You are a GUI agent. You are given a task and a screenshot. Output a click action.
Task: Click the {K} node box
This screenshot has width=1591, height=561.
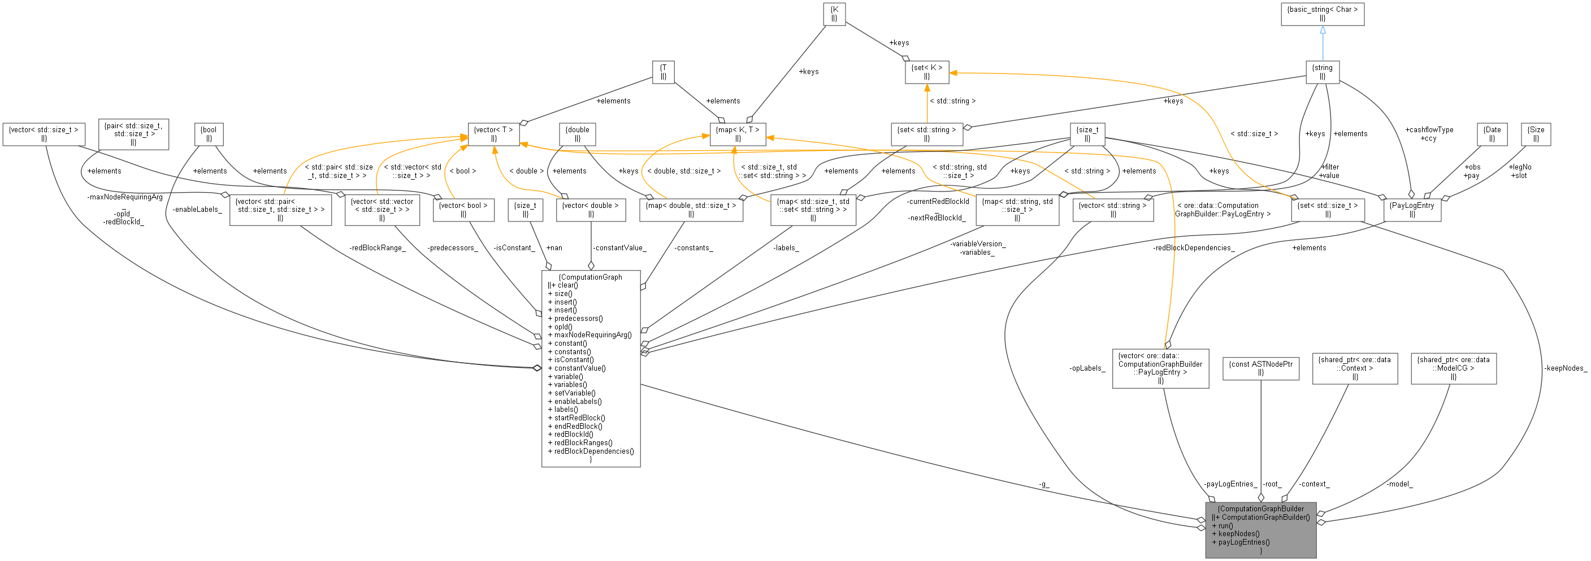(x=834, y=14)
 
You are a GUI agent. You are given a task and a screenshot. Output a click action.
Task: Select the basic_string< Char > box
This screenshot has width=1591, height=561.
(x=1323, y=14)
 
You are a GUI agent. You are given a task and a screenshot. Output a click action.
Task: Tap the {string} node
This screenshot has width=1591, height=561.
(x=1323, y=72)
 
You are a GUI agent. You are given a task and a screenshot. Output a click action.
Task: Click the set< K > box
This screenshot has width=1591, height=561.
(x=926, y=72)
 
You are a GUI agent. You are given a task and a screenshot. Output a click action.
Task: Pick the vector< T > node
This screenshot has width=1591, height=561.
(x=493, y=134)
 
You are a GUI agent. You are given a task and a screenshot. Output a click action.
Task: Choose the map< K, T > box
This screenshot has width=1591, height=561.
(x=738, y=134)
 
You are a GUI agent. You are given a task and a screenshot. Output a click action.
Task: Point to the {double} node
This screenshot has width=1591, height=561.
(x=578, y=134)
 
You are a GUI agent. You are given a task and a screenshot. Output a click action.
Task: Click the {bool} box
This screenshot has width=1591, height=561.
(x=209, y=134)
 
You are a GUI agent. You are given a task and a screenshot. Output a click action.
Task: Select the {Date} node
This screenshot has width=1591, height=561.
(x=1492, y=134)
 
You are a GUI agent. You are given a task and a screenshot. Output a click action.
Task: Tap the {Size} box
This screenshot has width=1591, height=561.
(x=1536, y=134)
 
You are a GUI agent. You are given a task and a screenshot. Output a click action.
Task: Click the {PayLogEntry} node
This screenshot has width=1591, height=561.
(x=1412, y=210)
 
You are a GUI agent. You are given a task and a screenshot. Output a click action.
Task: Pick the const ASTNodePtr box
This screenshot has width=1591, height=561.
(x=1260, y=368)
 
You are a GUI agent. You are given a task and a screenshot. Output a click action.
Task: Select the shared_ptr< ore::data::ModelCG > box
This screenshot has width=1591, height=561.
(x=1453, y=368)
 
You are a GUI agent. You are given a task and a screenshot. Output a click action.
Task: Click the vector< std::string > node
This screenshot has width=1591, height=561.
(x=1112, y=210)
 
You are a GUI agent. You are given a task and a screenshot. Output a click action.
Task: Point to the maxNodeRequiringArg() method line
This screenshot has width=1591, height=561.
(x=592, y=335)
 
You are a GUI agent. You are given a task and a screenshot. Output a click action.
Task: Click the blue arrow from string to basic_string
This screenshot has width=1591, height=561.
(x=1323, y=43)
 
